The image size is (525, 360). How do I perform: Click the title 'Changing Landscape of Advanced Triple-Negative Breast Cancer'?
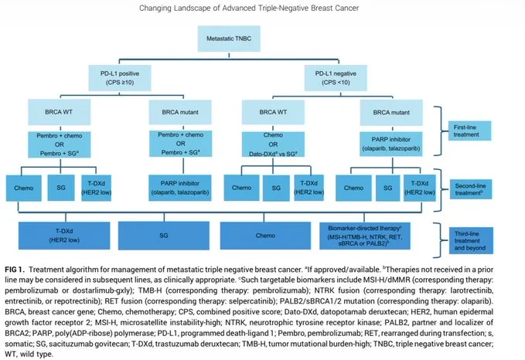pos(262,8)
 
